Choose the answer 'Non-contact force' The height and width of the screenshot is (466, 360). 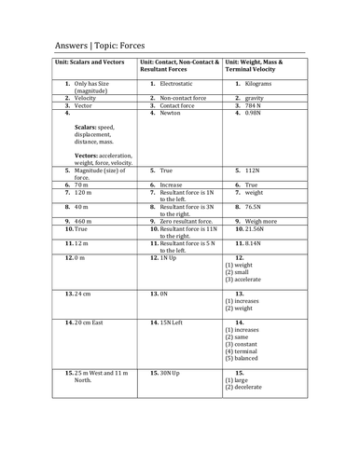(x=183, y=97)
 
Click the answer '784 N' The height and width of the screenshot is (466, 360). (x=256, y=106)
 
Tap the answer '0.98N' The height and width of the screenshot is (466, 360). (x=257, y=115)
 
